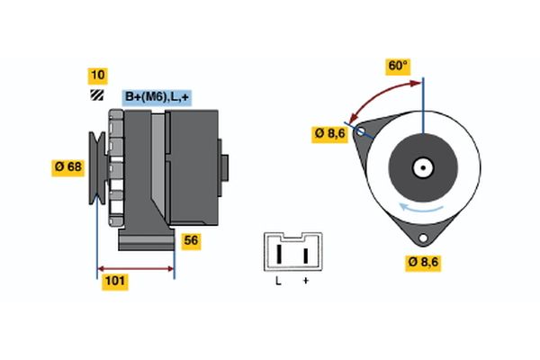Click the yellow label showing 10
(97, 76)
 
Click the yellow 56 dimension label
(191, 240)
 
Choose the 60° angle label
(398, 67)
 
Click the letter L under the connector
(278, 282)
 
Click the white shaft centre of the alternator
(422, 167)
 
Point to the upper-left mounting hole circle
(360, 131)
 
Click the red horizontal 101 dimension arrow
(135, 268)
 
